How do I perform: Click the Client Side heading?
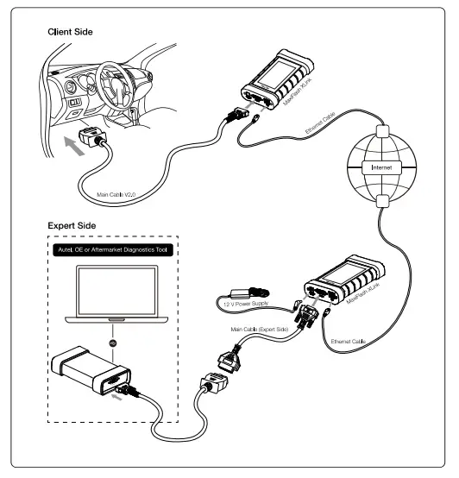pyautogui.click(x=70, y=32)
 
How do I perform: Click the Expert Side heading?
pyautogui.click(x=72, y=225)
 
